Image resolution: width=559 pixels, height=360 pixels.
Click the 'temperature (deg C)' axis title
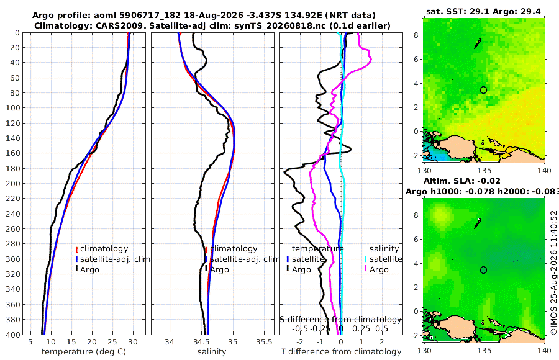coord(84,352)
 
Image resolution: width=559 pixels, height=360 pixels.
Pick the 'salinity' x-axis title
coord(212,352)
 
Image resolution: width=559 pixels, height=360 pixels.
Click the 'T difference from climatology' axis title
coord(341,352)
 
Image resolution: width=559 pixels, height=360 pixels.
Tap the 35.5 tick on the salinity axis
coord(264,342)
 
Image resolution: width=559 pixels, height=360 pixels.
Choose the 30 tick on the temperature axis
coord(133,342)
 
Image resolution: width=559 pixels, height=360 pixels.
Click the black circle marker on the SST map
coord(483,90)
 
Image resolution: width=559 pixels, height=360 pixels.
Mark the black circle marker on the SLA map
coord(483,270)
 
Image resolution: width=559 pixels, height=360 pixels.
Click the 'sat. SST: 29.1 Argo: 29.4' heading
coord(483,11)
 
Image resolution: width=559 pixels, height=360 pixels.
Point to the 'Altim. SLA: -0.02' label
coord(461,181)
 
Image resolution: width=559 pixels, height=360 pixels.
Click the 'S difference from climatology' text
coord(340,320)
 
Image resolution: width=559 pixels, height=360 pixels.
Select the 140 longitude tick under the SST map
coord(544,170)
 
